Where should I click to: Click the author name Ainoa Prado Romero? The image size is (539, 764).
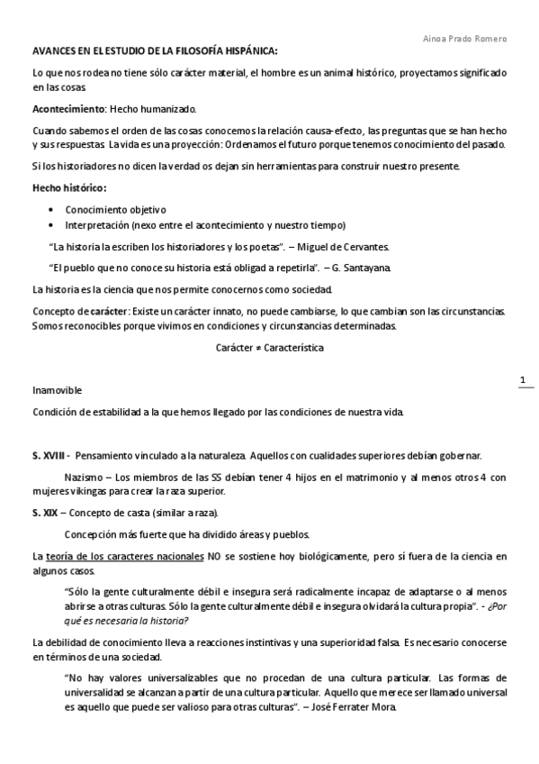[x=464, y=39]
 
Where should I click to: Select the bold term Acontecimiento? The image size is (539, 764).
[x=67, y=109]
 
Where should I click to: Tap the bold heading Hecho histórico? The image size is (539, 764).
[x=68, y=187]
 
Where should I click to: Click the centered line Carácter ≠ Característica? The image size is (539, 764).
[x=269, y=347]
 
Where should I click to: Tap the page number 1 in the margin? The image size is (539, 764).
[x=523, y=381]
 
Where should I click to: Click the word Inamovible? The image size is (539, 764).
[x=57, y=390]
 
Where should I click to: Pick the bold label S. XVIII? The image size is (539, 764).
[x=50, y=455]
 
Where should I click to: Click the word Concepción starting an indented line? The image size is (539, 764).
[x=94, y=534]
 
